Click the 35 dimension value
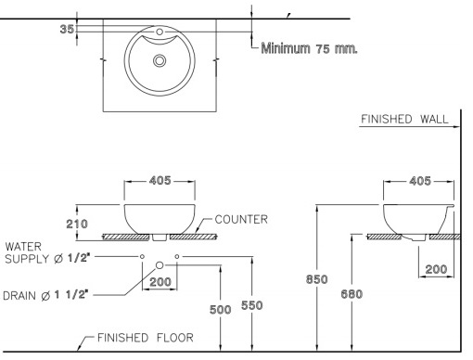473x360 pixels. coord(65,29)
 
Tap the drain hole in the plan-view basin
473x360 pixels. coord(160,60)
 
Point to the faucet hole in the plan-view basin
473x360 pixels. coord(160,33)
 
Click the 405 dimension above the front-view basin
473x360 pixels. coord(160,181)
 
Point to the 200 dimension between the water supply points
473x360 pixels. coord(160,281)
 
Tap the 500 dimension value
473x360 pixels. coord(219,310)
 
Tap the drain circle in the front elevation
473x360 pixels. coord(160,264)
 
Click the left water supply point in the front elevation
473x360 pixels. coord(142,254)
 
